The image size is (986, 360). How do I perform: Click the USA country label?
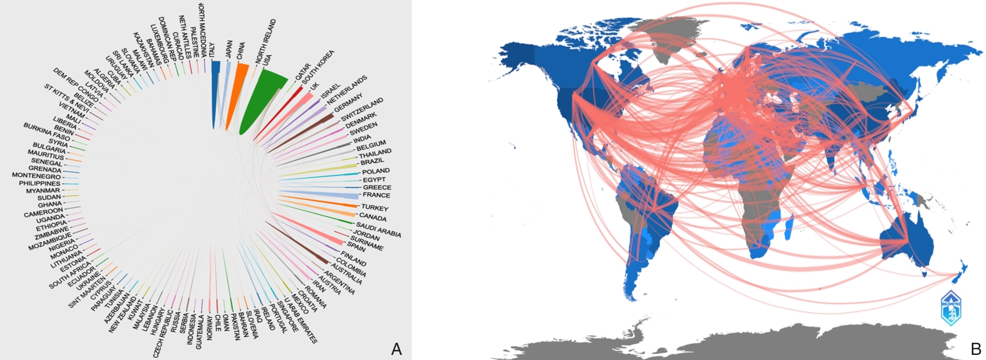click(267, 59)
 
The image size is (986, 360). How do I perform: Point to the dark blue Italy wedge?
click(215, 91)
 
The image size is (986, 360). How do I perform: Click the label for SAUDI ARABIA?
click(378, 230)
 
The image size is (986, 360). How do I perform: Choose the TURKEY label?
click(375, 208)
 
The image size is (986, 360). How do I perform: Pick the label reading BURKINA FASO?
click(47, 132)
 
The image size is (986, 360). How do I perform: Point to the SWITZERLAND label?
click(361, 110)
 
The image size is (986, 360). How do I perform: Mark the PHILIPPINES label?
click(40, 183)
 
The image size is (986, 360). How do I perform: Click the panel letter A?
click(397, 349)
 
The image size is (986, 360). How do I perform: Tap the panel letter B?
click(975, 349)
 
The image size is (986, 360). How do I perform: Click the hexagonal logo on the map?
click(951, 308)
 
